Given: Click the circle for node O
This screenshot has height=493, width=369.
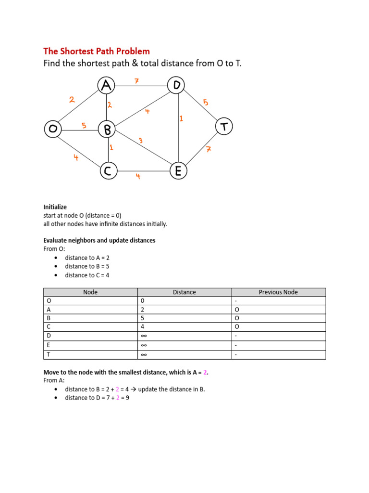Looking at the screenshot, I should [x=52, y=129].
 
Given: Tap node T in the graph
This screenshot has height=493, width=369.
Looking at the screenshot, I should [x=223, y=127].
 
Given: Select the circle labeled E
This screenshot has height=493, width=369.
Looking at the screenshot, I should [x=178, y=171].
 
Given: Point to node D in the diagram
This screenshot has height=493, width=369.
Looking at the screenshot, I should [x=176, y=86].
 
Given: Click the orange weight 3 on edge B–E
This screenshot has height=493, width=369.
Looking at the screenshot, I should [x=140, y=141].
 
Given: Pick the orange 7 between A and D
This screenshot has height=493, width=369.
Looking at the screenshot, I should [x=136, y=81].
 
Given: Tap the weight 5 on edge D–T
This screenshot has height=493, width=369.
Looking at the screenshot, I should [x=205, y=102].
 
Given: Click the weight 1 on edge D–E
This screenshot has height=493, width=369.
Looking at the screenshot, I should [x=181, y=118].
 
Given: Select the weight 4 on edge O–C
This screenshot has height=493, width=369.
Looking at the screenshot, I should [x=76, y=157].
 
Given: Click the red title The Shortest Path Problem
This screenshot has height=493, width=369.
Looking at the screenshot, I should [x=97, y=51].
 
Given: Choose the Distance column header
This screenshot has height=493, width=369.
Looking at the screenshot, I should [x=184, y=292].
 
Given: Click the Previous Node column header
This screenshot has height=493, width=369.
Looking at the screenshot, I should [x=278, y=292].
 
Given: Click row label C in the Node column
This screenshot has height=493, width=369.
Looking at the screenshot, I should [x=48, y=327].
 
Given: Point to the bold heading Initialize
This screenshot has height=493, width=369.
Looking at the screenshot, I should [x=55, y=207].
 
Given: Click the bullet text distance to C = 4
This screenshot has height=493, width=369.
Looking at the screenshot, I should [x=87, y=275].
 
